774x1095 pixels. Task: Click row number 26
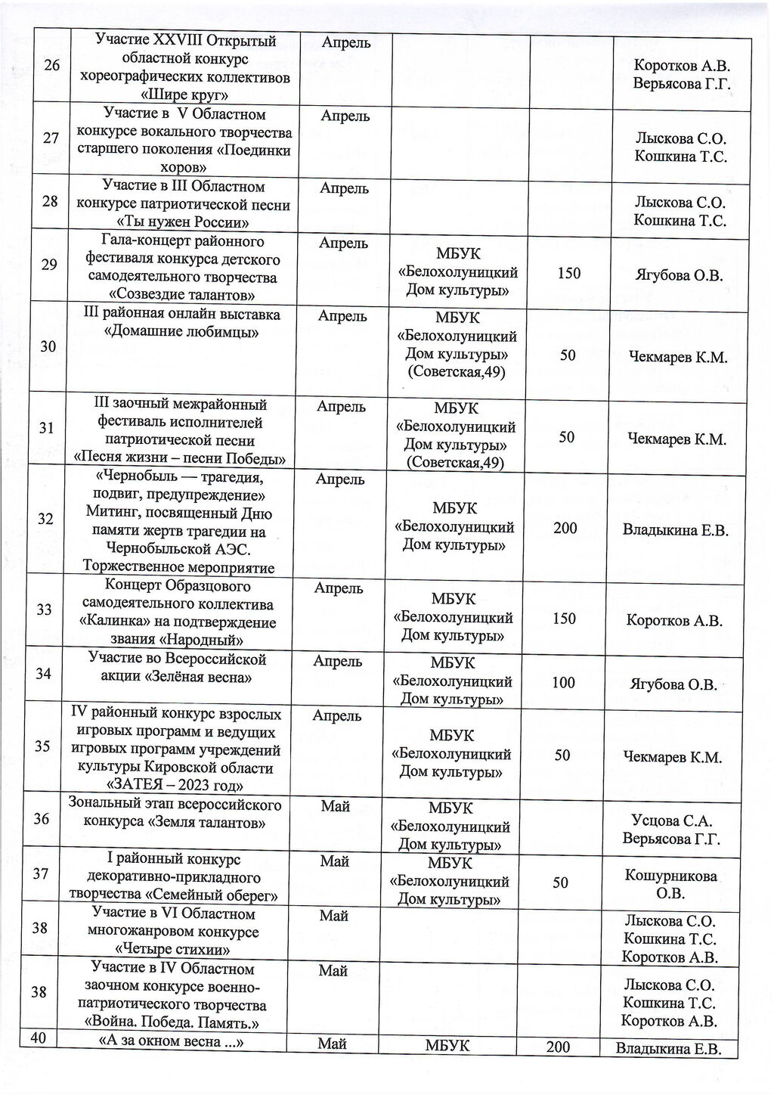coord(52,65)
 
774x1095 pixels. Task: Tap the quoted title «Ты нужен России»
coord(184,222)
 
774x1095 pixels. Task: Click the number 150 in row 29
coord(568,273)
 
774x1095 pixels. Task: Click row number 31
coord(47,428)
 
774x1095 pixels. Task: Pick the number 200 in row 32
coord(565,528)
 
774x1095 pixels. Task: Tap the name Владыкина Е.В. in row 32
coord(675,530)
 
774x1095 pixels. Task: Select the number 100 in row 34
coord(563,683)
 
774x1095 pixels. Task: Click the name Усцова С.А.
coord(672,820)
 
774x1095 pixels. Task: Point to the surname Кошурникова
coord(671,876)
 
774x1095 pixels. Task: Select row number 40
coord(39,1038)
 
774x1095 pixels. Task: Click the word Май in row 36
coord(335,806)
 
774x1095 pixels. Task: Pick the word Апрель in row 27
coord(345,116)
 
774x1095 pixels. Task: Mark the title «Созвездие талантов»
coord(181,295)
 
